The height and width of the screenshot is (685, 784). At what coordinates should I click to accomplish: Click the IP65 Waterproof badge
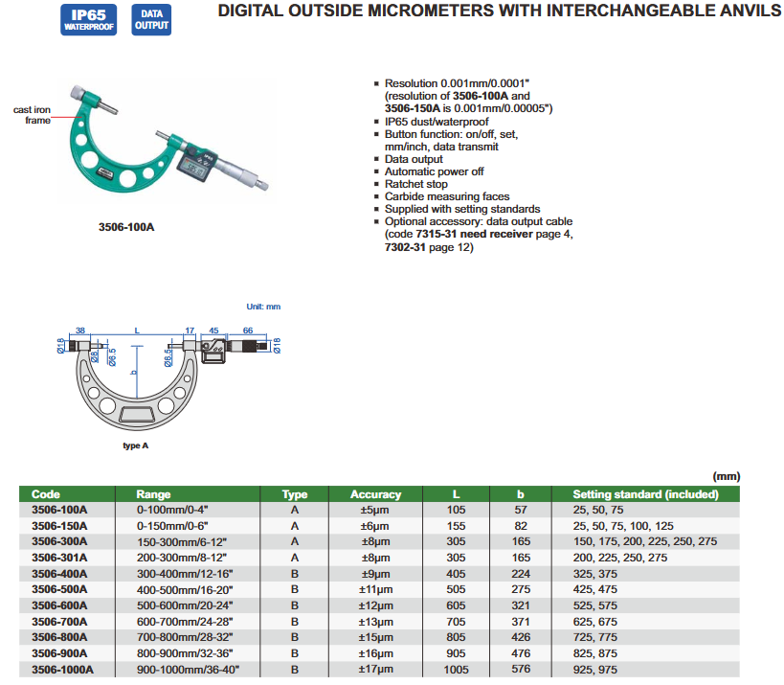pyautogui.click(x=89, y=20)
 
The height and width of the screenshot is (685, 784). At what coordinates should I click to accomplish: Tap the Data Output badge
pyautogui.click(x=151, y=20)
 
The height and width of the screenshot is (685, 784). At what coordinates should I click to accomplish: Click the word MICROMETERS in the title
pyautogui.click(x=422, y=11)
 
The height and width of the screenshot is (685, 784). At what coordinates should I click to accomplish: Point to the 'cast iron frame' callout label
pyautogui.click(x=32, y=115)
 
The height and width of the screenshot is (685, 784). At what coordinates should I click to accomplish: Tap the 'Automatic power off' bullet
pyautogui.click(x=434, y=171)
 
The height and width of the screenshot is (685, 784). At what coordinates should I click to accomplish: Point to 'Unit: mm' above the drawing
pyautogui.click(x=263, y=307)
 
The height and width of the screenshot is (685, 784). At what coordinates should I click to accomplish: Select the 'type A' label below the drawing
pyautogui.click(x=137, y=446)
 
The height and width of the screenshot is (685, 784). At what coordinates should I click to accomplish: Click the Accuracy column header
pyautogui.click(x=375, y=494)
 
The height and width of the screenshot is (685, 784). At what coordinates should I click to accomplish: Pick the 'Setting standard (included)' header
pyautogui.click(x=645, y=494)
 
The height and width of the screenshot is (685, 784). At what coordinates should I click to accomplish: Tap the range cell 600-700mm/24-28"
pyautogui.click(x=186, y=620)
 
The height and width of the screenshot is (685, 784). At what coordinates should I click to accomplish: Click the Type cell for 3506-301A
pyautogui.click(x=295, y=557)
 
